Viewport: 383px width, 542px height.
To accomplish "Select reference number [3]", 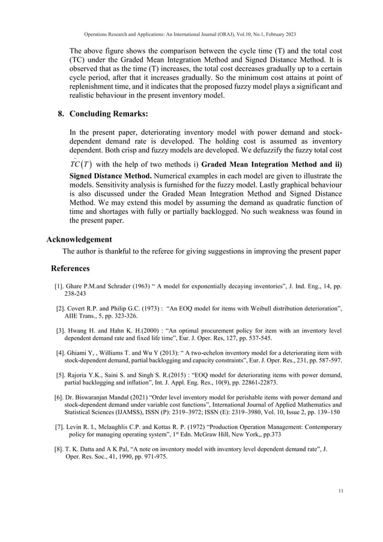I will [61, 330].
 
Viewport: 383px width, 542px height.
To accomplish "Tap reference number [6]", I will [59, 397].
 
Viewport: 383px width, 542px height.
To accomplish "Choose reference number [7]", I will [59, 427].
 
